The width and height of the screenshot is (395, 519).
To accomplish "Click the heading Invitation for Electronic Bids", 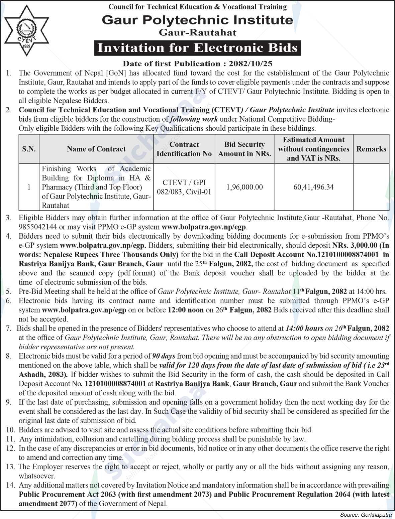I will click(197, 48).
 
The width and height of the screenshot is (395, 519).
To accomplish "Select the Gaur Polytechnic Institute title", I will click(197, 20).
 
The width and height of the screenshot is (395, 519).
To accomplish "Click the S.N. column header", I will click(29, 149).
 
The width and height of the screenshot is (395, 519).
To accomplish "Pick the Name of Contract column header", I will click(96, 149).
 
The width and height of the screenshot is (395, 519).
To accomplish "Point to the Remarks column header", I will click(371, 149).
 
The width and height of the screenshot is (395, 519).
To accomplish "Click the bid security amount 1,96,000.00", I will click(244, 187).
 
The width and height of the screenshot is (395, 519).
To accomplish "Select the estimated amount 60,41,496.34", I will click(313, 187).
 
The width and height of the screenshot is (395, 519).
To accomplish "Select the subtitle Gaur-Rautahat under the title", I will click(197, 32).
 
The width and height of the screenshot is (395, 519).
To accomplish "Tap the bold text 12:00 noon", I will click(186, 310).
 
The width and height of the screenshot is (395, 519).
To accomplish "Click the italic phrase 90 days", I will click(164, 356).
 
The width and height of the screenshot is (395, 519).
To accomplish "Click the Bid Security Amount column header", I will click(244, 149).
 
